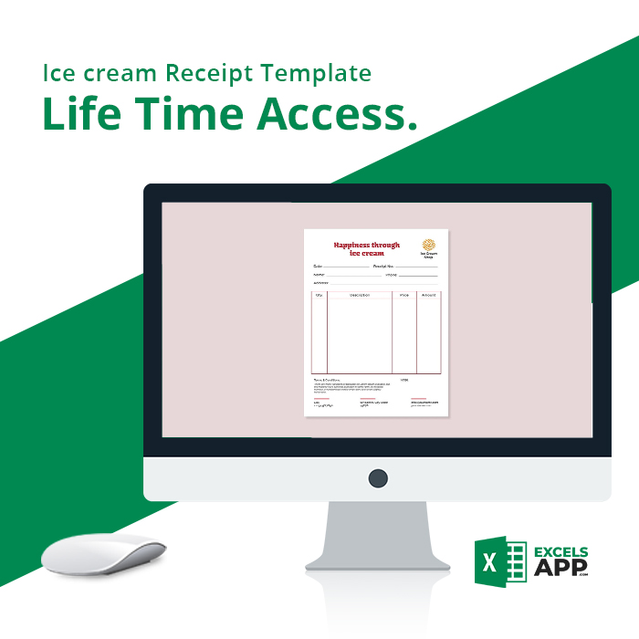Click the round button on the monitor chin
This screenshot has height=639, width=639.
(377, 477)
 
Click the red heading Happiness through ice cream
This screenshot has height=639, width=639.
(366, 248)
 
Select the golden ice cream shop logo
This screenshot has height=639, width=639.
(428, 245)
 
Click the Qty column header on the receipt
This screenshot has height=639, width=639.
(319, 295)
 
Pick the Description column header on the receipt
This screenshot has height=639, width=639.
(360, 295)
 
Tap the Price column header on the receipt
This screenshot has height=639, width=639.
(404, 295)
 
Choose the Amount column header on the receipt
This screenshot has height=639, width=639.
(428, 295)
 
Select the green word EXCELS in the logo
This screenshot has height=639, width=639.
(560, 552)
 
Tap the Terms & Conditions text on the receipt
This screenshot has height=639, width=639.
(327, 379)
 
